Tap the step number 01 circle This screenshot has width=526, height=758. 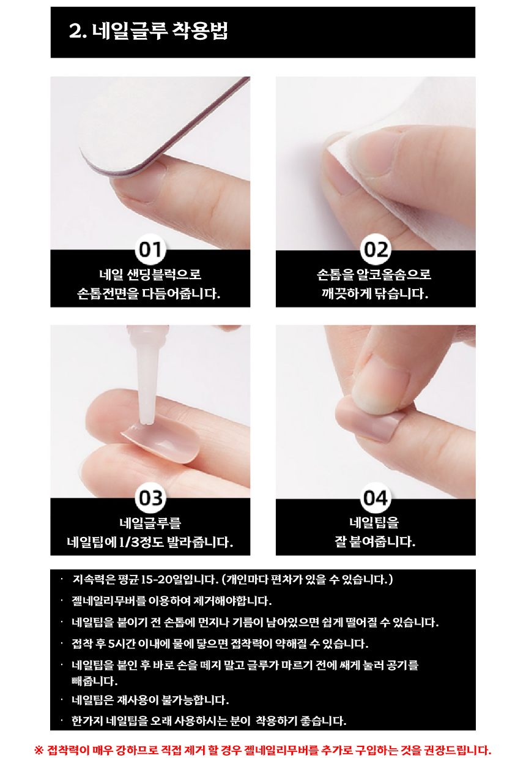(x=150, y=249)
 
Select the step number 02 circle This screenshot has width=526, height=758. (x=375, y=249)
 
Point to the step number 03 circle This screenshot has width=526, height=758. (x=150, y=498)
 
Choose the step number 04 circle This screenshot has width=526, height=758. (x=375, y=498)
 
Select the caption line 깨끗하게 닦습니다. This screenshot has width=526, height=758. (x=375, y=293)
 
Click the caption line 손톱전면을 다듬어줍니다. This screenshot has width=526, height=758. (x=149, y=293)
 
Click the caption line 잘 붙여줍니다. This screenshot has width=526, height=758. (x=375, y=541)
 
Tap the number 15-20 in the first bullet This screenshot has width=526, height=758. (x=156, y=579)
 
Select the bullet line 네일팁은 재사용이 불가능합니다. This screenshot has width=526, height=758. (x=150, y=699)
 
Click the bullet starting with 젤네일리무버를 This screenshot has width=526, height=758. (x=172, y=601)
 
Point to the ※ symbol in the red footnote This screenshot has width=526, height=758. (x=39, y=749)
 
